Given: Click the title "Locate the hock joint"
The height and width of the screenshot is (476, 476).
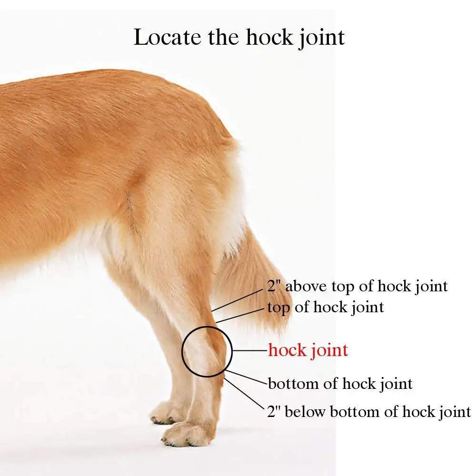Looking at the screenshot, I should [x=239, y=37].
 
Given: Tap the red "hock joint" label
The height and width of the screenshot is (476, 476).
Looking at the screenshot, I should [x=308, y=351].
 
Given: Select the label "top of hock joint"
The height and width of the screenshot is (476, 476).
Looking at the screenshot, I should [x=325, y=307].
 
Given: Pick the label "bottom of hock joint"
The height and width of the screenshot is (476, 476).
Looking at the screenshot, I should [x=340, y=383].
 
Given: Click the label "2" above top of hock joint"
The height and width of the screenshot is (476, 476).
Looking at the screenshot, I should [x=357, y=287].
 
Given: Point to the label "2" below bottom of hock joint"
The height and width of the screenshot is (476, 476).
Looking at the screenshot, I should [x=369, y=412].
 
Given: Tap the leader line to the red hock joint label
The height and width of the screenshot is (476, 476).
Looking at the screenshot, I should [x=249, y=351].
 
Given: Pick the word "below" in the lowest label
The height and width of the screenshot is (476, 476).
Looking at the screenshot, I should [x=304, y=412].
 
